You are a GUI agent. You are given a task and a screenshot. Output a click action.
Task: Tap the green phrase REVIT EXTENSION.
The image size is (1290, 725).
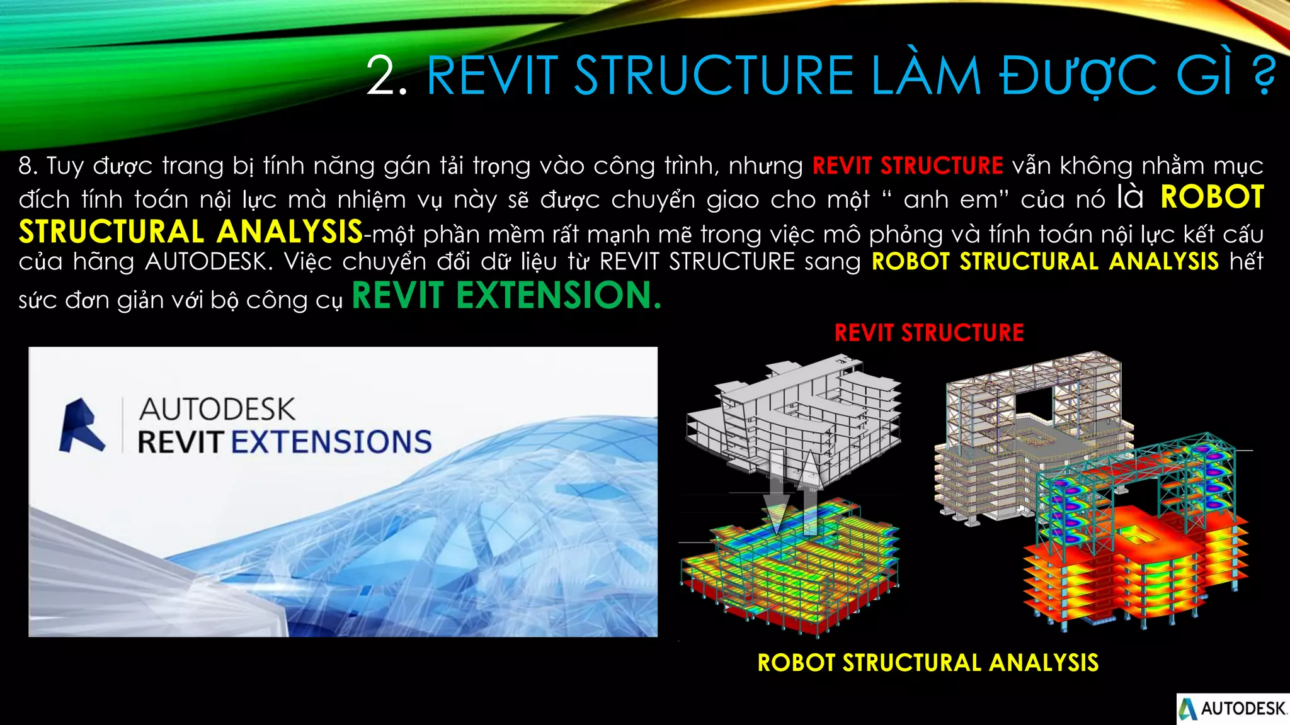[506, 295]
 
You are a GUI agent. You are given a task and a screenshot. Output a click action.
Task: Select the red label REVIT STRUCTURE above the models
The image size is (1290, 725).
[929, 333]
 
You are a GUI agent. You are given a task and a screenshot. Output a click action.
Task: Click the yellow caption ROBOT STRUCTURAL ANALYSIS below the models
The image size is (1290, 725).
[928, 663]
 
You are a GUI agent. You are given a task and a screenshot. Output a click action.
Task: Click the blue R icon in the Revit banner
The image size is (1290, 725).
[81, 426]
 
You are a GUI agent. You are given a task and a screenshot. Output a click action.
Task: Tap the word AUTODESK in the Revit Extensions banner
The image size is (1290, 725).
[217, 410]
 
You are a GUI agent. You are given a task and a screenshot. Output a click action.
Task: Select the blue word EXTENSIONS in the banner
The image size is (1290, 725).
[331, 442]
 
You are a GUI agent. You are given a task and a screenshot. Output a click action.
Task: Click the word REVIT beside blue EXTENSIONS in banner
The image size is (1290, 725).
[180, 442]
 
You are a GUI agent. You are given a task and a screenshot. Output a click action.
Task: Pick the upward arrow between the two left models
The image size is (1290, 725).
[810, 491]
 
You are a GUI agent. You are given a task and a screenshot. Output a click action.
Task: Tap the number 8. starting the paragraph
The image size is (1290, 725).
[28, 166]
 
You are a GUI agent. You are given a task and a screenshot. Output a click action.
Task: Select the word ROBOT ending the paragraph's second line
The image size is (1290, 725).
[1213, 198]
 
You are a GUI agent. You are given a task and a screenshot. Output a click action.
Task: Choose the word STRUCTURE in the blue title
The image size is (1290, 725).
[714, 77]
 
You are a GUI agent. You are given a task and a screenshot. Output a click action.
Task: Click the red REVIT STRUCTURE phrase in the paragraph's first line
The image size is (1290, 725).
[908, 166]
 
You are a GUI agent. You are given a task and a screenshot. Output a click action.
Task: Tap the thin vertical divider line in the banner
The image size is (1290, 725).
[122, 425]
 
